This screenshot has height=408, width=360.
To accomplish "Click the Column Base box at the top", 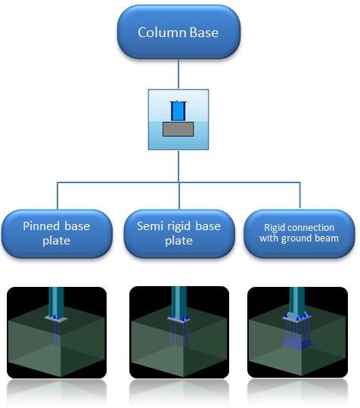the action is (178, 32).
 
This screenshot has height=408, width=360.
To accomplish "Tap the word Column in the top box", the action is (162, 33).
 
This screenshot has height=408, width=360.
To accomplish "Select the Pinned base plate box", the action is (57, 234).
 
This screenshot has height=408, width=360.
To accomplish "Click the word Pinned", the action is (42, 226).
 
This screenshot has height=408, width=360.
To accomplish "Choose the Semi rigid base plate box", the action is (179, 234).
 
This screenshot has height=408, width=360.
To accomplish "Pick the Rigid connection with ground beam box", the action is (299, 234).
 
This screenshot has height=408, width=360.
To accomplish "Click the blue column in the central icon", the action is (178, 111).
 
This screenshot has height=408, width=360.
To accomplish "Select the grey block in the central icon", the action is (178, 129).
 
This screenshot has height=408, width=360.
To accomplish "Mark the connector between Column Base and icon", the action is (178, 74).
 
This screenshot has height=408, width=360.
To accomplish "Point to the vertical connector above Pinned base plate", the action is (57, 196).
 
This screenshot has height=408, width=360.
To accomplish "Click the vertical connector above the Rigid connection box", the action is (300, 195).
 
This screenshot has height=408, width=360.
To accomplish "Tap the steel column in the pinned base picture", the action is (56, 302).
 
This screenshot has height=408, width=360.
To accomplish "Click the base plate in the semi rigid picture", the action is (178, 319).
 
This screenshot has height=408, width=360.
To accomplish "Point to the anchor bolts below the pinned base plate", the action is (56, 334).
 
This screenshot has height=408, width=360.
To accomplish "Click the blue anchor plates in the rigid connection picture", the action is (297, 344).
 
